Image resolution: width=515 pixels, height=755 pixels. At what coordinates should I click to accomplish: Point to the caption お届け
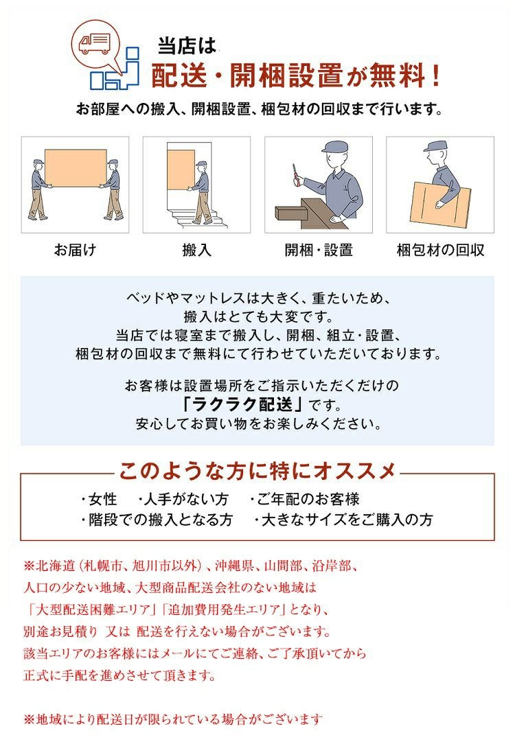75,250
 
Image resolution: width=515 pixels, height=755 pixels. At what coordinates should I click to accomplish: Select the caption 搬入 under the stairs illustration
196,250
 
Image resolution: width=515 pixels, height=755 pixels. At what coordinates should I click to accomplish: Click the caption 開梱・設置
319,250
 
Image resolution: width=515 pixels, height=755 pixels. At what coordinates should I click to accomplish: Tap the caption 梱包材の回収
440,250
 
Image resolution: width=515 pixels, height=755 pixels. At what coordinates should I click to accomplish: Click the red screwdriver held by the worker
295,174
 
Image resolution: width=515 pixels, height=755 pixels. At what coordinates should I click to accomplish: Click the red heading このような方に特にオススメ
257,471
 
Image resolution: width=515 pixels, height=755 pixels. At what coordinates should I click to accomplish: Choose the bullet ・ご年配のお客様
304,499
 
